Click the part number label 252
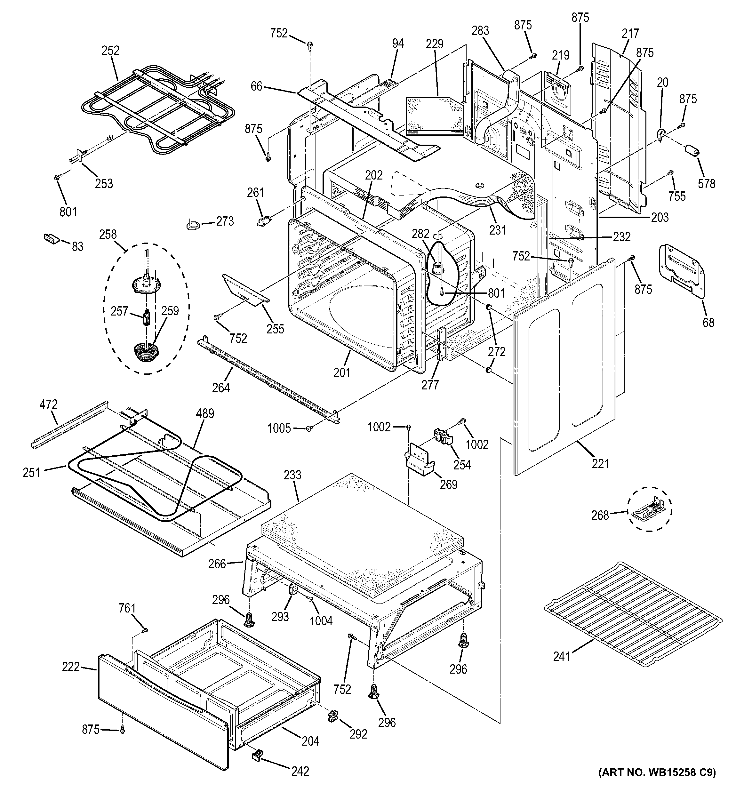click(110, 51)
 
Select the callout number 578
click(707, 184)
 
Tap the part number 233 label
click(292, 475)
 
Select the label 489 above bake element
click(204, 413)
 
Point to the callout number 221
click(600, 464)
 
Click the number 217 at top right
click(630, 34)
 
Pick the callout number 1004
click(321, 621)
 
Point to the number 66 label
click(257, 86)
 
